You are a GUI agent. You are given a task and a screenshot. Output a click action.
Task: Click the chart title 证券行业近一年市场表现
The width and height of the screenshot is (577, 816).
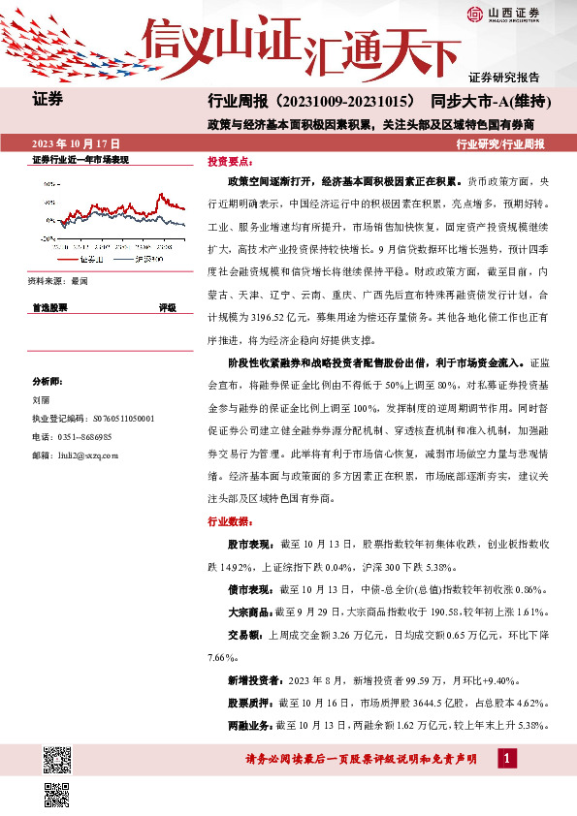pyautogui.click(x=80, y=160)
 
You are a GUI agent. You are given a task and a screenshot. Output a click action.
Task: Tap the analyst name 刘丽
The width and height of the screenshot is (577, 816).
pyautogui.click(x=41, y=397)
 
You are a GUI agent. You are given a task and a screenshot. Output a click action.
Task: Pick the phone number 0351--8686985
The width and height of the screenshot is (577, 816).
pyautogui.click(x=85, y=437)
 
